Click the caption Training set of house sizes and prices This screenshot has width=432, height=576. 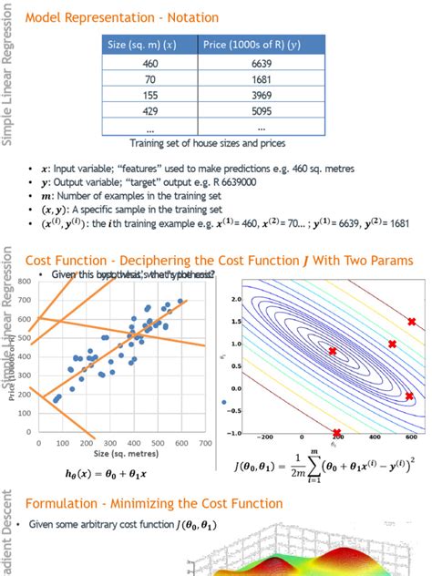click(209, 143)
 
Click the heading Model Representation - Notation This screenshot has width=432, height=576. click(109, 17)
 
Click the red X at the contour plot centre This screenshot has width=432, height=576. click(332, 351)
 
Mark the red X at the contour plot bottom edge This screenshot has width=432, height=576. click(336, 433)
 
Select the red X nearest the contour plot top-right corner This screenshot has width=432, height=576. click(411, 322)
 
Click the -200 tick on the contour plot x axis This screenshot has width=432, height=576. click(266, 438)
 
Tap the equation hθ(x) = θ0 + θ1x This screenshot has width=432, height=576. click(106, 474)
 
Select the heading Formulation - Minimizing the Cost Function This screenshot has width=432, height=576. click(153, 503)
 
